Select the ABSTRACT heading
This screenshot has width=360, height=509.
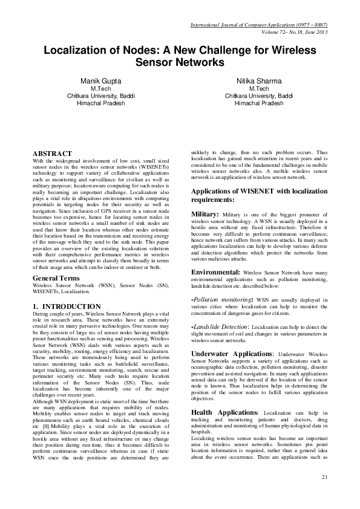pos(52,154)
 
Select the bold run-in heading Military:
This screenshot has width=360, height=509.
pos(206,214)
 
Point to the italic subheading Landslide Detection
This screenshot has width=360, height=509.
pos(221,326)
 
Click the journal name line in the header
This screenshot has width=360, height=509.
pos(259,25)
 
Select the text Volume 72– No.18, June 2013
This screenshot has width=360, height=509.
pos(294,32)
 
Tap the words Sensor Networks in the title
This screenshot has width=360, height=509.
pos(180,63)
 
